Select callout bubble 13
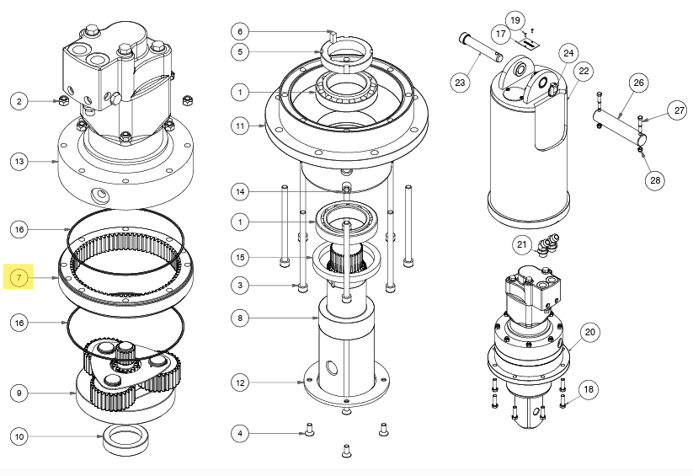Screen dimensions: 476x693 click(x=19, y=160)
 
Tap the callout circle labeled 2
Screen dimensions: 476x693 click(x=19, y=101)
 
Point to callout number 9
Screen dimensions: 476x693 click(x=19, y=393)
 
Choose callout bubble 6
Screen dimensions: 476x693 click(x=240, y=31)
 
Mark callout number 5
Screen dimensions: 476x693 click(x=240, y=52)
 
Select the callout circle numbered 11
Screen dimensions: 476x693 click(x=240, y=126)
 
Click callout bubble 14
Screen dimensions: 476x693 click(x=240, y=192)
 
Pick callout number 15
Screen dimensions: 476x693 click(x=240, y=256)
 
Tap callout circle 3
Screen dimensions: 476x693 click(x=240, y=286)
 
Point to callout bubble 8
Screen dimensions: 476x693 click(x=240, y=318)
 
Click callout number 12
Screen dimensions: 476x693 click(x=240, y=383)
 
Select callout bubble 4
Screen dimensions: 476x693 click(x=240, y=434)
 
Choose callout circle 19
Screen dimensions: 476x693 click(x=514, y=19)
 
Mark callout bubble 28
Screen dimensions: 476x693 click(x=656, y=179)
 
